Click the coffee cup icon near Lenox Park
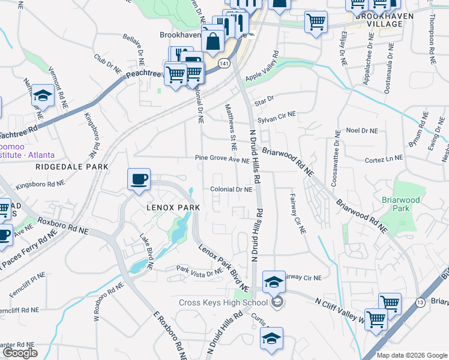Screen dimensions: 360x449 [139, 179]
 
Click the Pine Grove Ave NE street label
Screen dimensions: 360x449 [221, 160]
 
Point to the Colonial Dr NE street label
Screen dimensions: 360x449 [231, 190]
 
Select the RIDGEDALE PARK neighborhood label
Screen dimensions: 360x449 [71, 167]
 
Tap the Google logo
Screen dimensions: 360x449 [20, 352]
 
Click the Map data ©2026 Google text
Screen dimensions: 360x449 [412, 355]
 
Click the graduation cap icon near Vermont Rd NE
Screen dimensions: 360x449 [43, 96]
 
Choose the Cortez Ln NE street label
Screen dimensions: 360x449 [384, 160]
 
